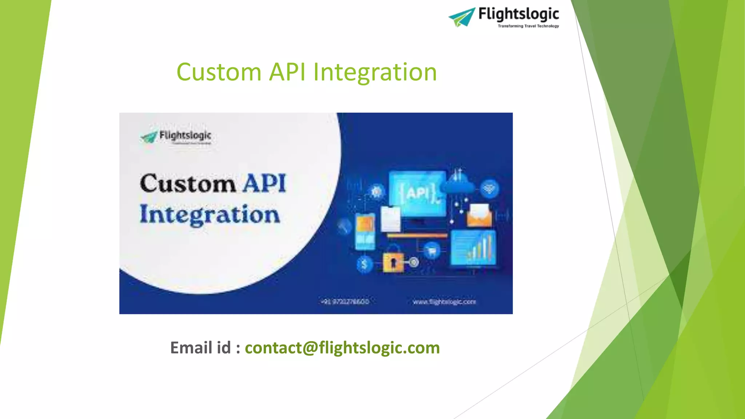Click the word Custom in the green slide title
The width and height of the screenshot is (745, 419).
[x=219, y=72]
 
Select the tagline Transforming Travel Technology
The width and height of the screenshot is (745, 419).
[x=528, y=26]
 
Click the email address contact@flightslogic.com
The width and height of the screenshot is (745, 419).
[x=342, y=348]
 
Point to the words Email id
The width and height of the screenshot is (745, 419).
[x=200, y=348]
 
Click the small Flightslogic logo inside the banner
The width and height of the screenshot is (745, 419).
[x=176, y=137]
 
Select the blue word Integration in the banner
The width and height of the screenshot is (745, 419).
[x=210, y=215]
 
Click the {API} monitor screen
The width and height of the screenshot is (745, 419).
[x=417, y=193]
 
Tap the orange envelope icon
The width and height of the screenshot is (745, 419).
[x=479, y=216]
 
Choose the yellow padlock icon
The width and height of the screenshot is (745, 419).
[x=393, y=259]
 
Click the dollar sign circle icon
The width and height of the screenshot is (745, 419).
[x=364, y=264]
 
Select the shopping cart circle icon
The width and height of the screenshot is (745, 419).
[x=432, y=251]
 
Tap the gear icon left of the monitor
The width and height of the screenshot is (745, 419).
[x=376, y=191]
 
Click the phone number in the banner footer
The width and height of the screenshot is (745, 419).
[x=345, y=302]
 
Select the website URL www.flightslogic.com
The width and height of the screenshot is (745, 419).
[x=444, y=302]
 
